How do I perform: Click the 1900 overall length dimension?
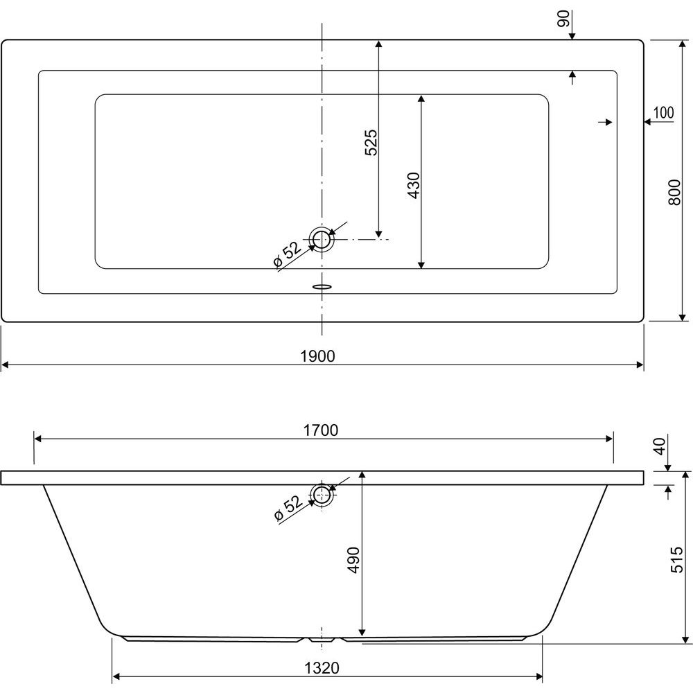click(x=318, y=356)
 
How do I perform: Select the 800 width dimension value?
click(x=674, y=192)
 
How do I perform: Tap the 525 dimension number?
click(x=371, y=142)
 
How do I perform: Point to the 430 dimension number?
click(x=413, y=185)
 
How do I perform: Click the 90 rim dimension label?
click(x=564, y=19)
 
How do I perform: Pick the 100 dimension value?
click(x=663, y=113)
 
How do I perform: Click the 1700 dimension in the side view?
click(x=321, y=430)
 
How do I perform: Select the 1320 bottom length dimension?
click(x=322, y=668)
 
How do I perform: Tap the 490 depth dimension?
click(x=353, y=560)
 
